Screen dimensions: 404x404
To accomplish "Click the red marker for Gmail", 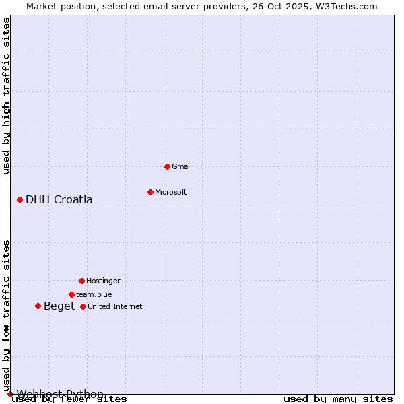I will (167, 166).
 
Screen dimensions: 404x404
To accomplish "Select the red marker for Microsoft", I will (150, 192).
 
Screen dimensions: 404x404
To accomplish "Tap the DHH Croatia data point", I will (20, 199).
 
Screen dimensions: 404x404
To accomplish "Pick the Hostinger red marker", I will (81, 281).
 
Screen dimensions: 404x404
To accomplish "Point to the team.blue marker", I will (71, 294).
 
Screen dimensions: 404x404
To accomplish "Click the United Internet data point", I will (83, 306).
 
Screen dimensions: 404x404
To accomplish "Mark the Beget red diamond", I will (38, 306).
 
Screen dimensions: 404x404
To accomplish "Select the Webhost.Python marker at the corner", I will (10, 394).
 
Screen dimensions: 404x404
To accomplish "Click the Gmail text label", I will (182, 166).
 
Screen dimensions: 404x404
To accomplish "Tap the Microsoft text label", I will (171, 192).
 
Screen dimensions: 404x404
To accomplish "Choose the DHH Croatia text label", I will (59, 199).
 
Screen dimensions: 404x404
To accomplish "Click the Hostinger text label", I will (103, 281).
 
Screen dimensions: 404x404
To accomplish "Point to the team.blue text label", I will (94, 294).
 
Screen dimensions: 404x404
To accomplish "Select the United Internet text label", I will (115, 306).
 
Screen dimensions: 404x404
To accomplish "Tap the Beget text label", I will (59, 306).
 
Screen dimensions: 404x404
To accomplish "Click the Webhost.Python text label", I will (60, 394).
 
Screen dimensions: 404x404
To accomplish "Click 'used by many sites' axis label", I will (338, 399).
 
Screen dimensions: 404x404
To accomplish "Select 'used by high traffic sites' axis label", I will (7, 96).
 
